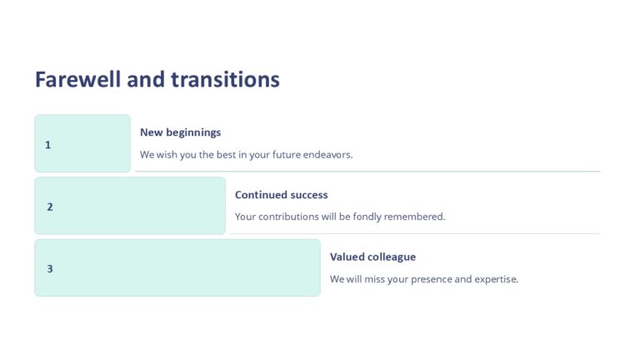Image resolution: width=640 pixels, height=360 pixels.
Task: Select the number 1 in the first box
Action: click(x=47, y=145)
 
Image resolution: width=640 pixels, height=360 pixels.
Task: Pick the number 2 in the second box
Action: click(x=50, y=207)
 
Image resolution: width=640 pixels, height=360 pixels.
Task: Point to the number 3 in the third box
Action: click(x=50, y=269)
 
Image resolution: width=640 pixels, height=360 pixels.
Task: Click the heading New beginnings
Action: click(x=180, y=132)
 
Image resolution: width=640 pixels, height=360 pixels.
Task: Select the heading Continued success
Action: click(x=281, y=195)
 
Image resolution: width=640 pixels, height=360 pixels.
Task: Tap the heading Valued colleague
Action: click(x=372, y=257)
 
